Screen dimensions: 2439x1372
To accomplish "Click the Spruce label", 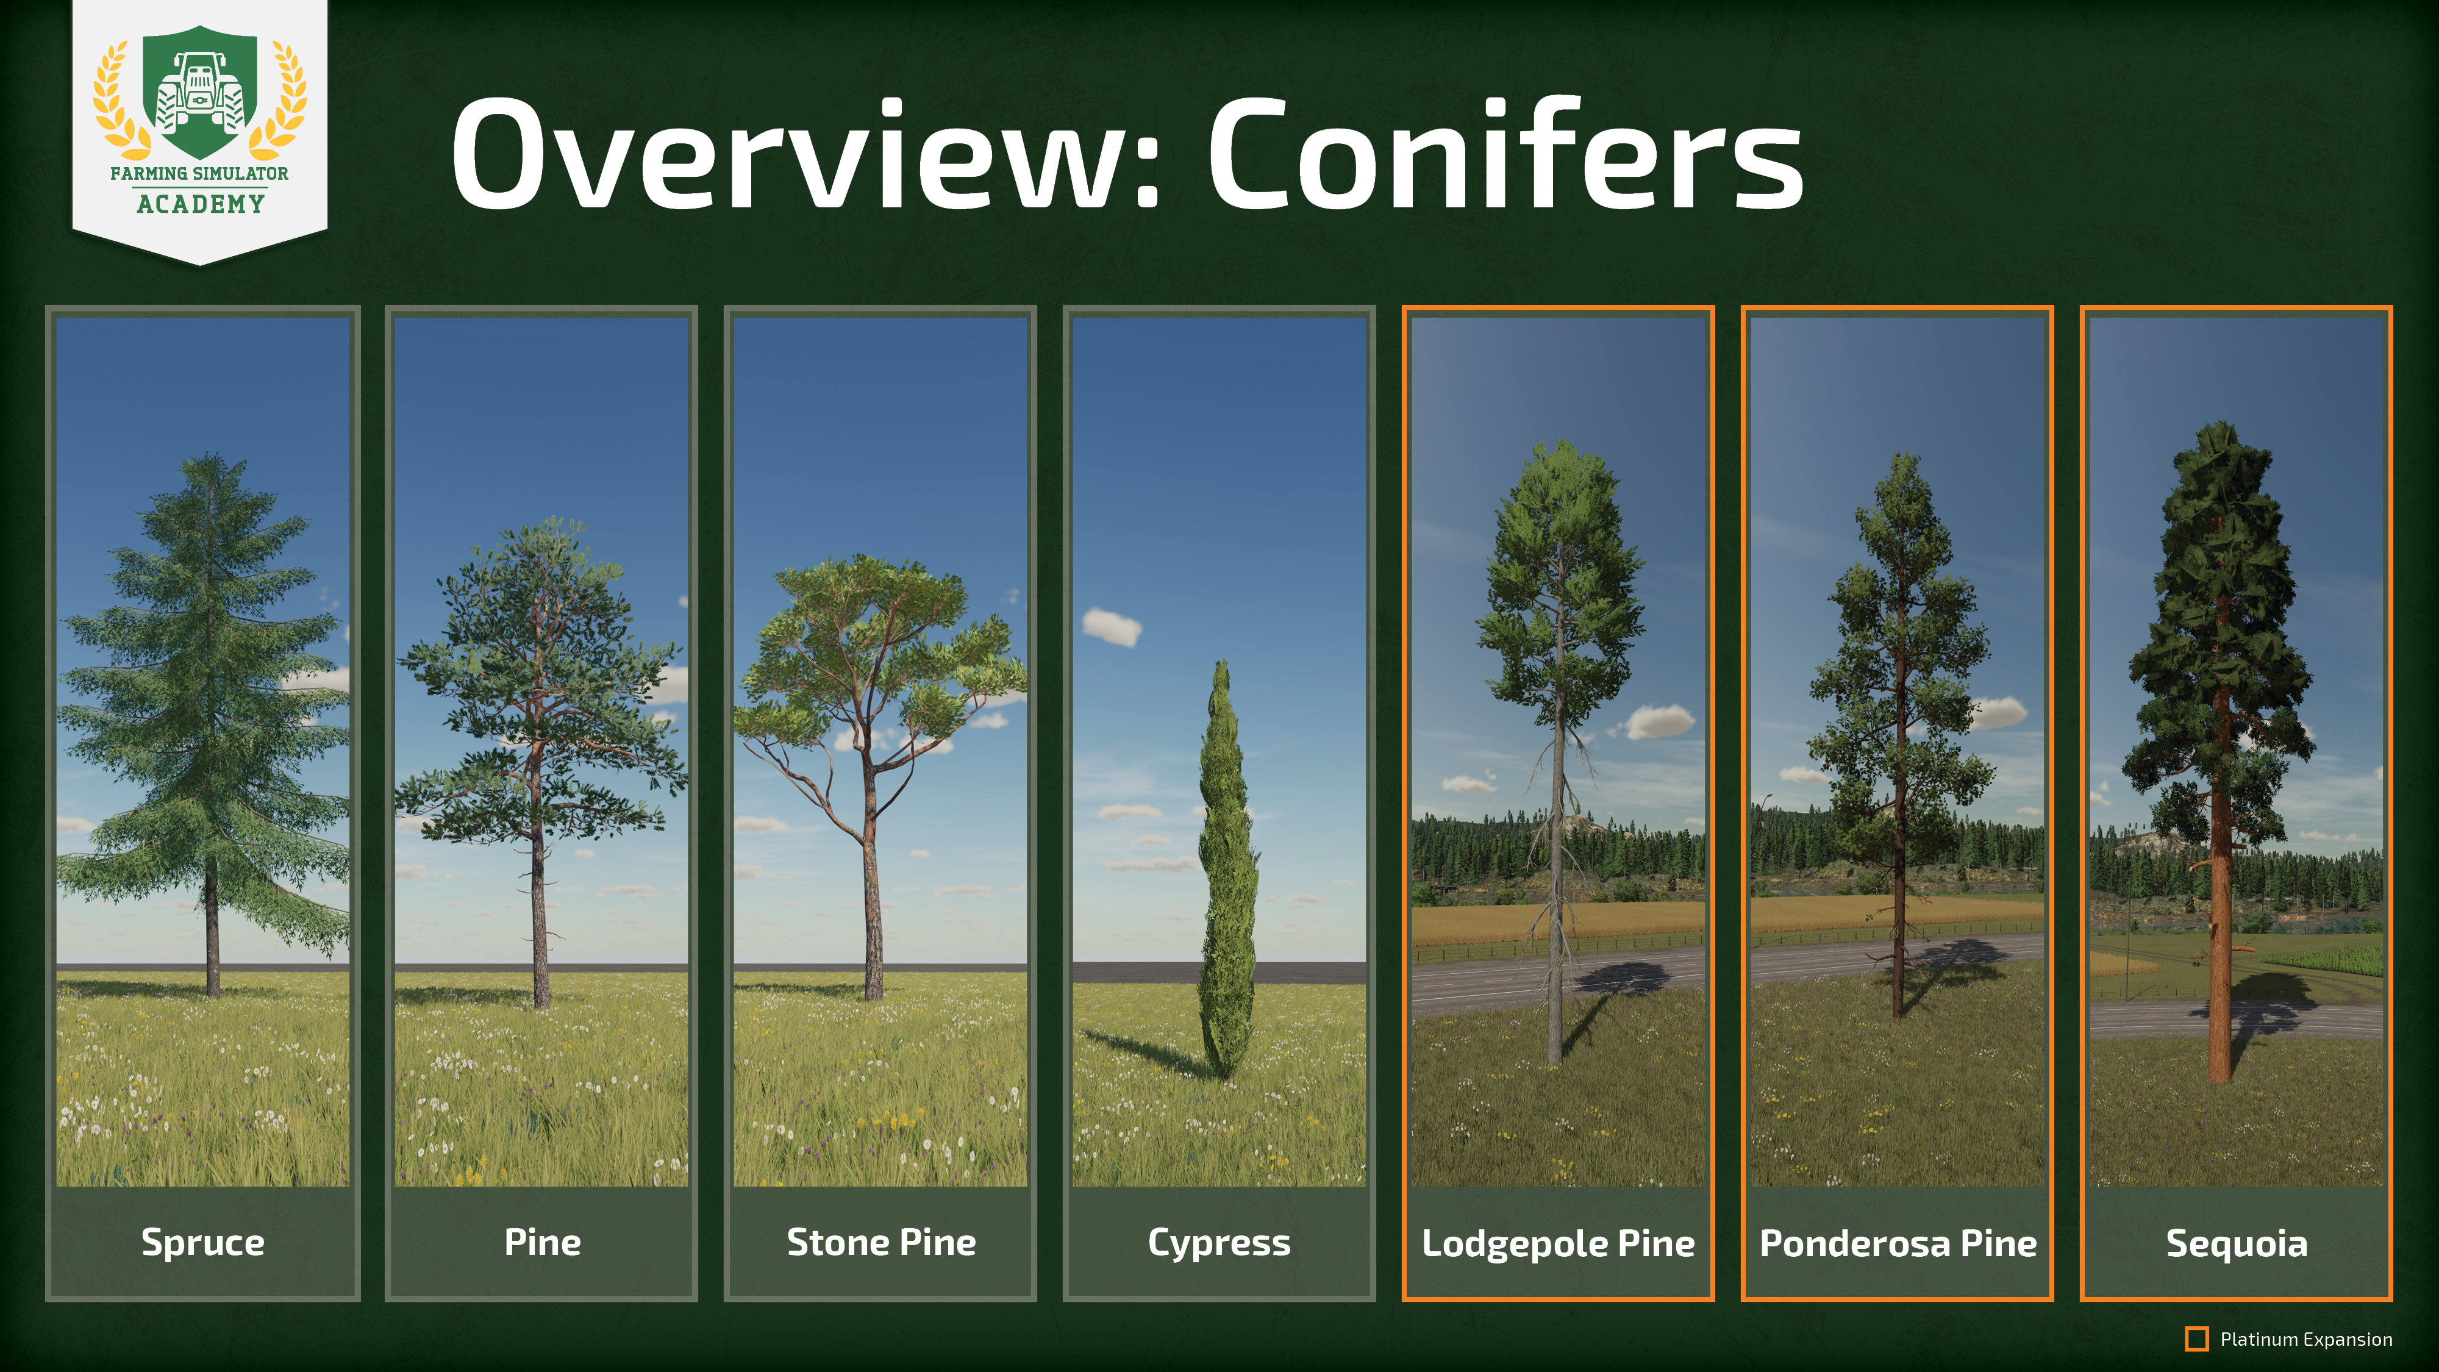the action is click(202, 1242).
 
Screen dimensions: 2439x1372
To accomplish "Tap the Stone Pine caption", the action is click(880, 1242).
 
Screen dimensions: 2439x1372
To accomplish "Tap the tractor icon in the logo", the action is click(200, 93).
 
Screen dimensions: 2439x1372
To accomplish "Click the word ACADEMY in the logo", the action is click(200, 204).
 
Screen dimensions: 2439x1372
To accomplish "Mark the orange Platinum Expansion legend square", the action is click(2196, 1339).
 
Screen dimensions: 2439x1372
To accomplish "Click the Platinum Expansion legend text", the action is click(2305, 1340).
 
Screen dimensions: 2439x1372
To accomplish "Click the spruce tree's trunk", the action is click(212, 933).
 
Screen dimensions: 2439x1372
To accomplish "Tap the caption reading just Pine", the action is click(541, 1242).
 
